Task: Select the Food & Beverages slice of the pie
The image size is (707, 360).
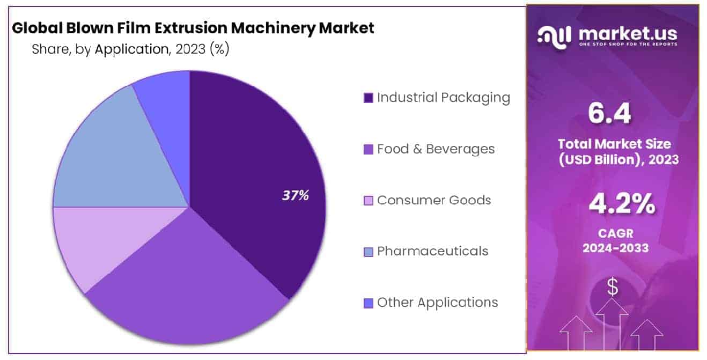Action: [182, 290]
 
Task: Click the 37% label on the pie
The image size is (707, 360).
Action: [296, 196]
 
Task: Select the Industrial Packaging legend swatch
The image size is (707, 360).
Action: [368, 98]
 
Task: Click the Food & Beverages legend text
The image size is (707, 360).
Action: [436, 149]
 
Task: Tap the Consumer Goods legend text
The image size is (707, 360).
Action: [433, 200]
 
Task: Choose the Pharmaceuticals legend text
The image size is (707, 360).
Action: [432, 251]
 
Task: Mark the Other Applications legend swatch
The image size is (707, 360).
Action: [368, 303]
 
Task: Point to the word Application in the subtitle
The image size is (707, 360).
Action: [131, 49]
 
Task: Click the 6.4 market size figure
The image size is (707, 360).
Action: [613, 113]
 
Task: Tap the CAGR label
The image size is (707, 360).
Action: [613, 234]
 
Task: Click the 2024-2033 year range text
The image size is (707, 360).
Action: [613, 248]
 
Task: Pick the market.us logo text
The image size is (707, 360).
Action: [628, 34]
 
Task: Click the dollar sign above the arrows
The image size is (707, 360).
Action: [612, 288]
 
